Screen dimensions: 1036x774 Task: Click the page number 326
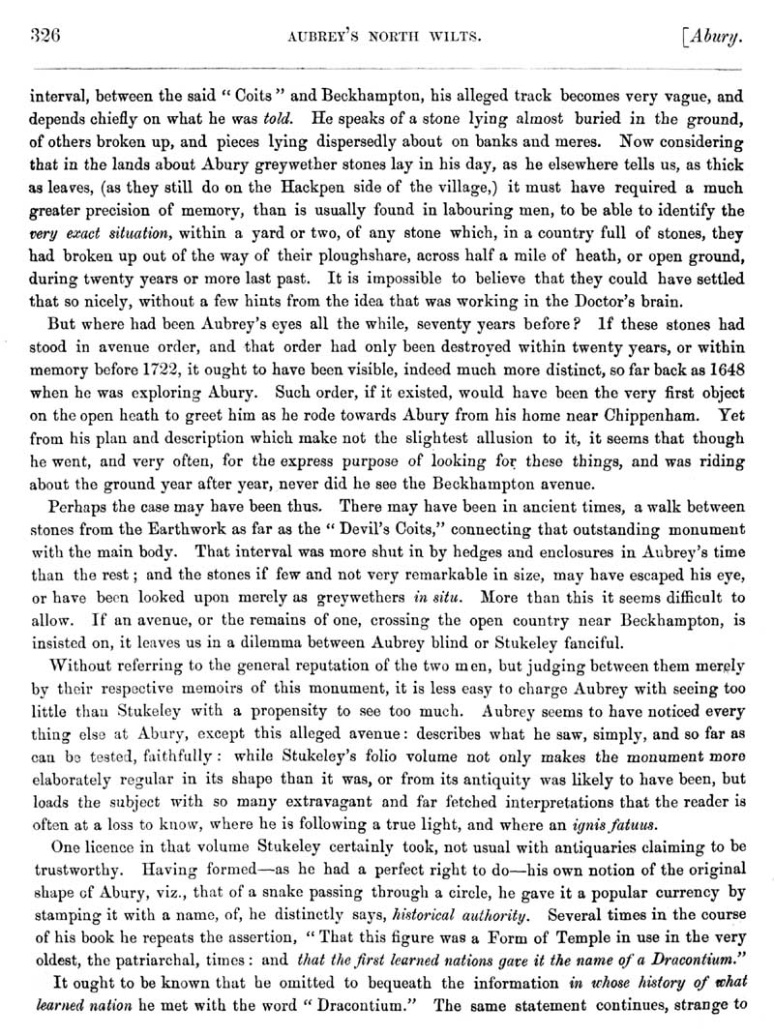[x=46, y=38]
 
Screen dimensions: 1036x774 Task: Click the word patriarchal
[x=195, y=946]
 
